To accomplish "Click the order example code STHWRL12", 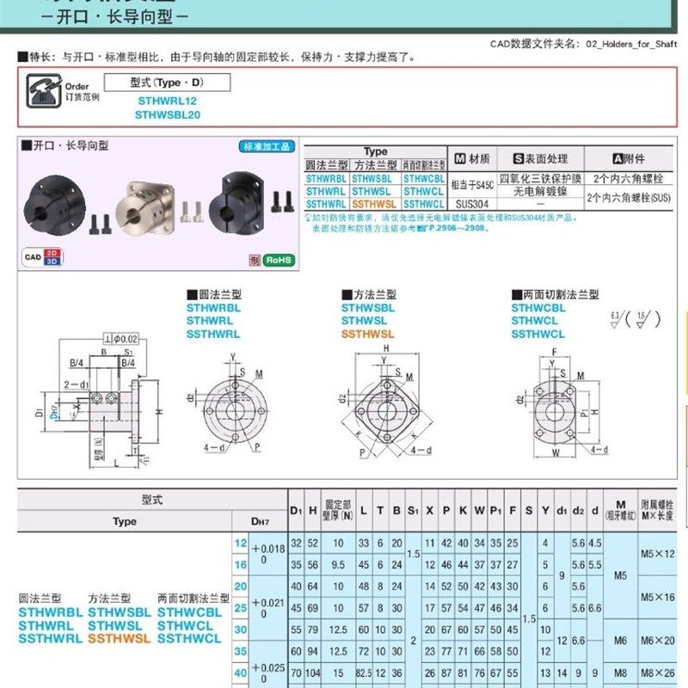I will (162, 100).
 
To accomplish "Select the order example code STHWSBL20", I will (168, 114).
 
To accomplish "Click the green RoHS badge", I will (279, 259).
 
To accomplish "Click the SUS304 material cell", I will (471, 205).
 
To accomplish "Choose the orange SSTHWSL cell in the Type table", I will (374, 205).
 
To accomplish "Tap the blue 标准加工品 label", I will (267, 146).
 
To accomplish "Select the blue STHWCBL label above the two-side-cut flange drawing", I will (538, 308).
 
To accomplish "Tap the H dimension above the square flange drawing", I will (385, 347).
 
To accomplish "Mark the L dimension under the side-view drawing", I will (115, 463).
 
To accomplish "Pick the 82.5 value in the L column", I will (364, 673).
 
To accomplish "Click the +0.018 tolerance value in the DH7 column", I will (268, 548).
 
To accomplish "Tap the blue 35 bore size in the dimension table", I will (240, 651).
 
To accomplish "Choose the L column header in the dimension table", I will (364, 511).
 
